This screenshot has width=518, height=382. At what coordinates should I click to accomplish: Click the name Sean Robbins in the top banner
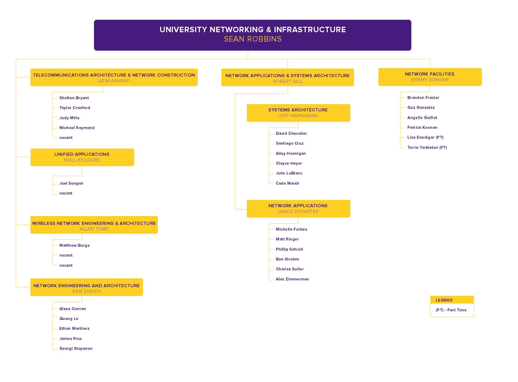(253, 39)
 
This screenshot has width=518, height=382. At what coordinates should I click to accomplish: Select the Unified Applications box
(82, 157)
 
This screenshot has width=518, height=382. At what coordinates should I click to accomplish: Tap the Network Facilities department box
(430, 77)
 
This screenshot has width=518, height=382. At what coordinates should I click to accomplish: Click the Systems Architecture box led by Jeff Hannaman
(298, 113)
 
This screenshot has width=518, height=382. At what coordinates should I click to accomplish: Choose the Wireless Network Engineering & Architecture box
(94, 225)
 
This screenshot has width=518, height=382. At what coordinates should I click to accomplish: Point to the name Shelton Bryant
(74, 98)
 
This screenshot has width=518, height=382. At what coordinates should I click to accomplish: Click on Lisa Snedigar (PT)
(425, 137)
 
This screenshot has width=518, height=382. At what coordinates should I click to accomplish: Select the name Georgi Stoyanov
(76, 349)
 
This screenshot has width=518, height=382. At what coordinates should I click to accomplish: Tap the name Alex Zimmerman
(292, 279)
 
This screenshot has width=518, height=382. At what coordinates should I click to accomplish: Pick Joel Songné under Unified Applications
(71, 183)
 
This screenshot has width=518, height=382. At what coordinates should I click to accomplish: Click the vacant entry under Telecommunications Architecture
(66, 138)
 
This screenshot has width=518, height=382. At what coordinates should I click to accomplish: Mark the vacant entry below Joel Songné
(66, 193)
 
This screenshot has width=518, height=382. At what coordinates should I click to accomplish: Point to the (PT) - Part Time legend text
(451, 310)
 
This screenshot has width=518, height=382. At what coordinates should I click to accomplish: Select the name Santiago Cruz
(290, 143)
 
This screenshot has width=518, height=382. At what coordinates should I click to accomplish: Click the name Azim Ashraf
(114, 81)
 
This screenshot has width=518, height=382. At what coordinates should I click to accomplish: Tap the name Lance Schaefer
(298, 212)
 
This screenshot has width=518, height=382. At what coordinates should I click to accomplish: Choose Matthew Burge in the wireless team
(74, 245)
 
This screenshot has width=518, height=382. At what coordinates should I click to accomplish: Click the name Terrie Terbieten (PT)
(427, 148)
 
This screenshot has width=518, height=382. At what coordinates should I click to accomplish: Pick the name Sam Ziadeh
(86, 291)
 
